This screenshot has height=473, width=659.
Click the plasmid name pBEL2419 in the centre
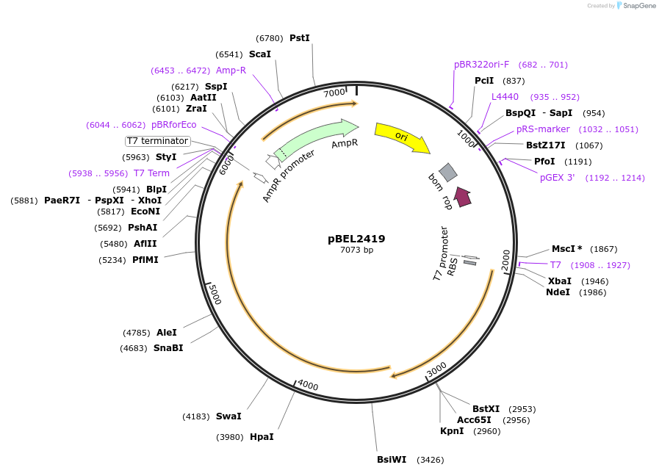click(356, 239)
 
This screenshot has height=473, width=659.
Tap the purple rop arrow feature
click(462, 196)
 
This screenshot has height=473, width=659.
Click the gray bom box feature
click(448, 172)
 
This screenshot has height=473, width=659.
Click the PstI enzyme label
click(300, 38)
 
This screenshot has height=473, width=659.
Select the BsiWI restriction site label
click(392, 461)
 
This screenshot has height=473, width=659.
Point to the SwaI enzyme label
click(228, 416)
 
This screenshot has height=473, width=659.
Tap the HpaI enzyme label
click(262, 437)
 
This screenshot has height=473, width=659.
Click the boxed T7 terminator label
click(158, 141)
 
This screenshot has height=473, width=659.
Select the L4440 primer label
click(505, 97)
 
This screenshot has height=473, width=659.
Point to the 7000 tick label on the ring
click(334, 93)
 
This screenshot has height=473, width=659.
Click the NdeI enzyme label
click(558, 292)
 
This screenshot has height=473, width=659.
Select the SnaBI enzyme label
click(168, 348)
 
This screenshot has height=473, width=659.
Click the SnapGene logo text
click(636, 6)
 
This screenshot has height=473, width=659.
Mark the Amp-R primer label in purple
click(231, 71)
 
